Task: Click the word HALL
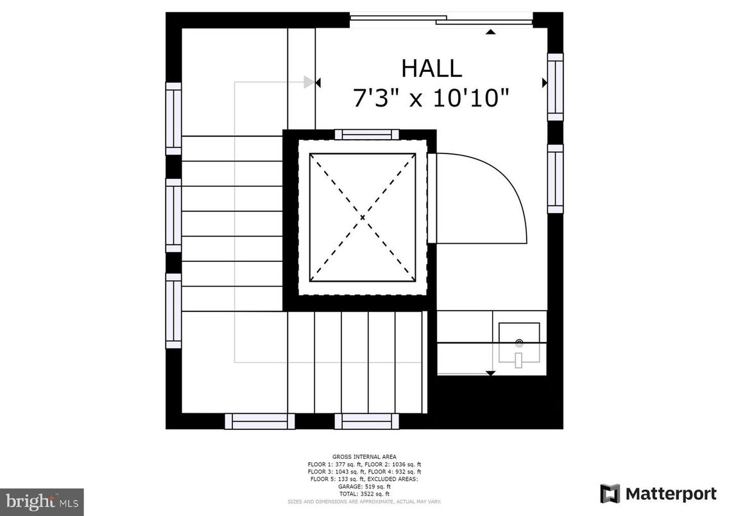point(431,68)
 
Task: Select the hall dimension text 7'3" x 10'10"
point(431,98)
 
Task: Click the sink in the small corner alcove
point(519,345)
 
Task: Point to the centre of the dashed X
point(363,218)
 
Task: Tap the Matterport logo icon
point(610,494)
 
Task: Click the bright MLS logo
point(42,500)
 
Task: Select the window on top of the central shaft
point(366,134)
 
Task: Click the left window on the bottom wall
point(260,421)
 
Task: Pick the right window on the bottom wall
point(366,421)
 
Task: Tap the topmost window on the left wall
point(173,119)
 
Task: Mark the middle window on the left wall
point(173,216)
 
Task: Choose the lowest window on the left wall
point(173,311)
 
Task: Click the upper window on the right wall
point(555,87)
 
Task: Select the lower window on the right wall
point(555,178)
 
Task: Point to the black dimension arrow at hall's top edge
point(491,31)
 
